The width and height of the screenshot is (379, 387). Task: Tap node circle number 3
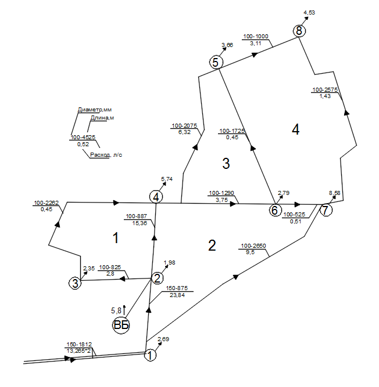click(x=74, y=283)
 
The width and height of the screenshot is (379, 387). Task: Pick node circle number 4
click(x=156, y=197)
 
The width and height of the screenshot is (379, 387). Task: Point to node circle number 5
click(x=216, y=63)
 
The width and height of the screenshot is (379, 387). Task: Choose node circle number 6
click(x=274, y=210)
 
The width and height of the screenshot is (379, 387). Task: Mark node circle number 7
click(x=326, y=210)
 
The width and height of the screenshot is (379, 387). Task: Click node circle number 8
click(x=299, y=31)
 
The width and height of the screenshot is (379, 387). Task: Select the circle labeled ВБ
click(x=121, y=325)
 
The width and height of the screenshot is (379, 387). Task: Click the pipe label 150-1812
click(x=78, y=345)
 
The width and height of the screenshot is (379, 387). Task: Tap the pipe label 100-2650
click(x=253, y=246)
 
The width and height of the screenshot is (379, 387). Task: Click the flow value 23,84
click(x=177, y=295)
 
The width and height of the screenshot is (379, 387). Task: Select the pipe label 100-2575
click(x=325, y=89)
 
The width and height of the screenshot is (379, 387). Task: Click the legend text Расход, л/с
click(x=106, y=155)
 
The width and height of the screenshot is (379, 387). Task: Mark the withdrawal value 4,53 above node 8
click(x=309, y=11)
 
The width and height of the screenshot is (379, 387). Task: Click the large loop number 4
click(x=296, y=130)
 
